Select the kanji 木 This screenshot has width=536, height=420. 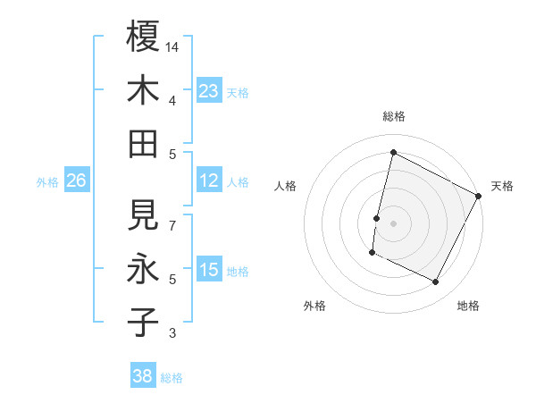143,90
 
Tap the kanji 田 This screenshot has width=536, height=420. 143,143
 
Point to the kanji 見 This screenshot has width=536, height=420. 143,215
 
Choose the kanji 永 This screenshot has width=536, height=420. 143,269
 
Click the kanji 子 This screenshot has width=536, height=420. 143,323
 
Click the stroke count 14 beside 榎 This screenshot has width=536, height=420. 173,46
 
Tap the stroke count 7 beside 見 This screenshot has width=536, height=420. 173,225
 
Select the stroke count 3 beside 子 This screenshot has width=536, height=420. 173,334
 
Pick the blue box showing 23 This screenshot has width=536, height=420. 208,90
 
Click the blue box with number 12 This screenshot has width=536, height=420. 208,181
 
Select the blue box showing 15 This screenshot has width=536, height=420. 208,270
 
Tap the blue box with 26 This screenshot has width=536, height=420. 76,181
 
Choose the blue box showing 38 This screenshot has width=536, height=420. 143,375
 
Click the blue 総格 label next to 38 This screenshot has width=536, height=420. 172,378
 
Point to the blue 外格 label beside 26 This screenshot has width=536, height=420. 47,182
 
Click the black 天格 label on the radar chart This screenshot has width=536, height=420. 502,186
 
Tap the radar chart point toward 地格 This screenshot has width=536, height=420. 436,282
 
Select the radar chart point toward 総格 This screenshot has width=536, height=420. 393,152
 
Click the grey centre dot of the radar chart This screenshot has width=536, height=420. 393,223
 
